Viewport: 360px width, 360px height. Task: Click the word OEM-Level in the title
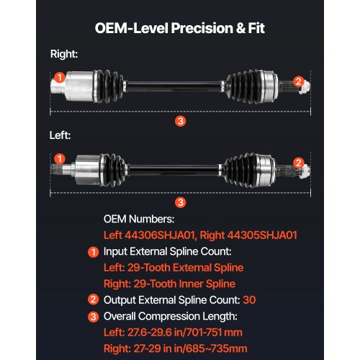132,28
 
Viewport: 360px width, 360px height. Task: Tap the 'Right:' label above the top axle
64,54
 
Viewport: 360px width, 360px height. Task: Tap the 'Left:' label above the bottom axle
60,135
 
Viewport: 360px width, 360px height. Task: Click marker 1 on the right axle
60,77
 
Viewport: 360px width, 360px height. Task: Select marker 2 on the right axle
298,81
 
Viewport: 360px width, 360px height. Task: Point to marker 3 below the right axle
181,121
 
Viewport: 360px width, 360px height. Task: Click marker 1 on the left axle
60,158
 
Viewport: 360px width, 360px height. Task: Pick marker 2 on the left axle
298,163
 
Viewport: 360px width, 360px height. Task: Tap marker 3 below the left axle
181,202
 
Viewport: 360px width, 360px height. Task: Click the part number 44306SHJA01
161,235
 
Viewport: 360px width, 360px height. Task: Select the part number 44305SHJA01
262,235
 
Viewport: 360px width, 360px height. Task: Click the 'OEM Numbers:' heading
139,219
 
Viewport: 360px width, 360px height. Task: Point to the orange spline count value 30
249,300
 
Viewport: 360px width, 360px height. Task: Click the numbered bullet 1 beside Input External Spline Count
93,252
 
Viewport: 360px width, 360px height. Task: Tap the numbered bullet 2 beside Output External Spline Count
93,300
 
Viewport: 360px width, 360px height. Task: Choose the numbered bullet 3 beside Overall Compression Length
93,317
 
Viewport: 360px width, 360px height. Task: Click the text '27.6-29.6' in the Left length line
150,333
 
